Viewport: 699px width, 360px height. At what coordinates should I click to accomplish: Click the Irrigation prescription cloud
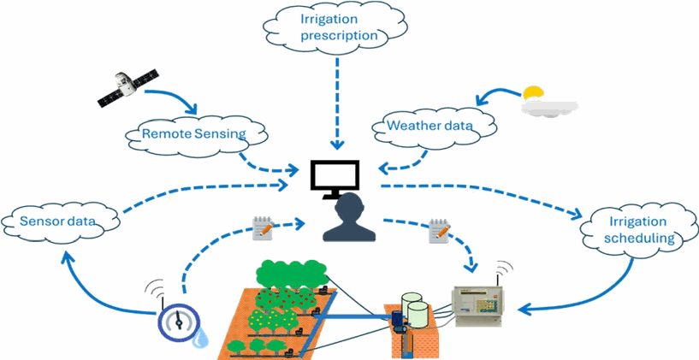pyautogui.click(x=335, y=27)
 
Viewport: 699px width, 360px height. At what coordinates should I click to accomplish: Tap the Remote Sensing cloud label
pyautogui.click(x=193, y=133)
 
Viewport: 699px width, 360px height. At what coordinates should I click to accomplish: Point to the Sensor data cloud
pyautogui.click(x=61, y=221)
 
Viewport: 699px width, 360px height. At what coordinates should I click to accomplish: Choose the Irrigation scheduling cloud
pyautogui.click(x=638, y=230)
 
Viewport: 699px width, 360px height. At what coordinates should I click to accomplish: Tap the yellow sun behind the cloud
pyautogui.click(x=533, y=93)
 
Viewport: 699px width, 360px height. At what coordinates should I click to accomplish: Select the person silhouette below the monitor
pyautogui.click(x=349, y=218)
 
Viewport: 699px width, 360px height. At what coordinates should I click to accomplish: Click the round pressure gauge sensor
pyautogui.click(x=179, y=322)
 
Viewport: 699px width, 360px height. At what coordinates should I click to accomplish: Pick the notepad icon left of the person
pyautogui.click(x=263, y=228)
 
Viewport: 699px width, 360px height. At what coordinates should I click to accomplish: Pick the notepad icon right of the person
pyautogui.click(x=439, y=231)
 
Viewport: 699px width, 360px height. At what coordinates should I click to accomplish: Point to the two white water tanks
pyautogui.click(x=415, y=310)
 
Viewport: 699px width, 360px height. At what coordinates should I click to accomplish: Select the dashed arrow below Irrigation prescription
pyautogui.click(x=337, y=103)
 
